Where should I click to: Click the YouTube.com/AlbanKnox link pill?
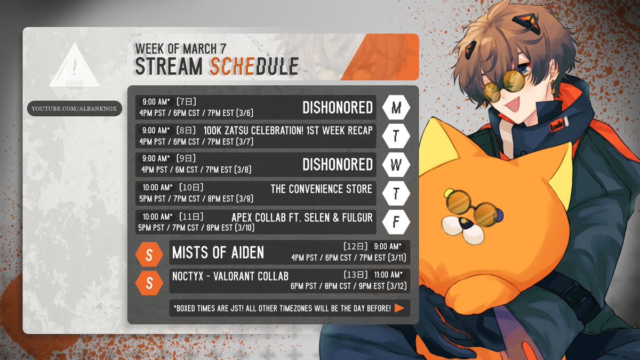click(75, 109)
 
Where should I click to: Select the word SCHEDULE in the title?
click(254, 66)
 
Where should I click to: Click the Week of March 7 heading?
click(181, 49)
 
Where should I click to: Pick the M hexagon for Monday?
click(396, 107)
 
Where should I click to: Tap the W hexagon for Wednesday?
click(396, 165)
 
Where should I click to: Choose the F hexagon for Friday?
click(396, 222)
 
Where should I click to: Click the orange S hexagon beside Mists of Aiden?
click(149, 254)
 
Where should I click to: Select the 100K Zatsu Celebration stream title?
click(288, 131)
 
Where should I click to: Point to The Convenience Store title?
click(322, 189)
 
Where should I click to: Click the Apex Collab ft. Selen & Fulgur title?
click(302, 218)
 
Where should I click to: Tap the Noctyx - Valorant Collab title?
click(230, 276)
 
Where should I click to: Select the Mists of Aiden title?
click(218, 253)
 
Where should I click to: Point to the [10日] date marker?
click(191, 187)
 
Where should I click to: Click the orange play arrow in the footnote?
click(399, 308)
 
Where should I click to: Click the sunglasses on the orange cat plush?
click(474, 209)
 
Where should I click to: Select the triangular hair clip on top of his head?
click(526, 22)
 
